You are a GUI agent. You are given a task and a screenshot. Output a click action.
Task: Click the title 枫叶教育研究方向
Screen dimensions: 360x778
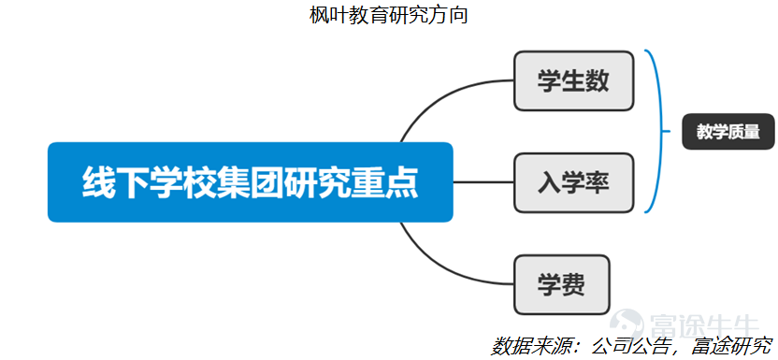(388, 15)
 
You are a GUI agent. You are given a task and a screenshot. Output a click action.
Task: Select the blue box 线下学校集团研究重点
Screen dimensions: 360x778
(250, 181)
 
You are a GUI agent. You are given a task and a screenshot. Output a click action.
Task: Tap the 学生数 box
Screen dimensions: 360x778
(573, 81)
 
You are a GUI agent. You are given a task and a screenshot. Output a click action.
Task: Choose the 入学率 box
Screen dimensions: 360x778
(573, 181)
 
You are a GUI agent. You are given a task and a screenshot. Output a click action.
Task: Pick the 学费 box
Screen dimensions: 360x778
(561, 284)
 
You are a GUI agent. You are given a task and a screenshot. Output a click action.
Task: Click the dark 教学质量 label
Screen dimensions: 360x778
(728, 132)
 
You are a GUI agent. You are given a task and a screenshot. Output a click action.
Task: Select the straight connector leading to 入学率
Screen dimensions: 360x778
(483, 181)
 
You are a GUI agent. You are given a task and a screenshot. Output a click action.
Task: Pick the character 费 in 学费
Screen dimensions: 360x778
(573, 284)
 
